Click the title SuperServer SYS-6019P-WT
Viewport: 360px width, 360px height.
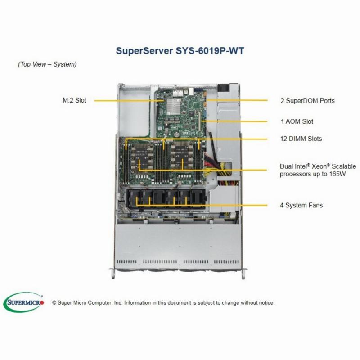click(180, 51)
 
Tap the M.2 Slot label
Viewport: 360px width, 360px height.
click(74, 100)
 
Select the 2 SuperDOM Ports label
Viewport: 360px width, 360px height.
click(307, 100)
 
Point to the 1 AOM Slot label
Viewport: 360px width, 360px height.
click(297, 121)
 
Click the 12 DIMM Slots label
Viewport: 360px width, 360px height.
click(301, 139)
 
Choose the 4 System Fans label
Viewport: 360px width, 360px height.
click(301, 205)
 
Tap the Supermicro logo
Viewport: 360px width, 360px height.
click(23, 302)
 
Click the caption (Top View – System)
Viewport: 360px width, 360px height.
click(47, 64)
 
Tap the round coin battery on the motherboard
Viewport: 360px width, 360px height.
click(176, 134)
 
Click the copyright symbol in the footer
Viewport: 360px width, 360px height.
click(54, 303)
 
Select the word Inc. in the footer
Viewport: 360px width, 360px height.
click(118, 303)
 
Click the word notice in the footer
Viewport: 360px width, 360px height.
click(266, 303)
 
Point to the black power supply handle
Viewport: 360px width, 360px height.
click(223, 88)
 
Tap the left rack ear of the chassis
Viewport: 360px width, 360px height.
click(112, 274)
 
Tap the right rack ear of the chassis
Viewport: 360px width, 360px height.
click(244, 274)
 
